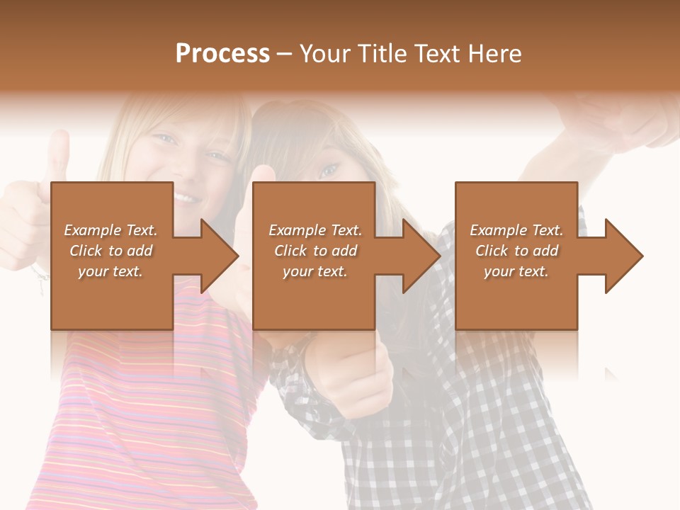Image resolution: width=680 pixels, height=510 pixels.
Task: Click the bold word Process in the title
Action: click(x=222, y=54)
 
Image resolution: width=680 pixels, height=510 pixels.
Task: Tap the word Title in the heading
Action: click(x=382, y=54)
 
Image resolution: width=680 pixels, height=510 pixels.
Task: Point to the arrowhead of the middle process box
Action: click(x=420, y=256)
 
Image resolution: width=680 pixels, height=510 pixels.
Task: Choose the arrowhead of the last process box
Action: click(x=623, y=256)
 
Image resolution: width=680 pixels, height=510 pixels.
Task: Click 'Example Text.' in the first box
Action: click(x=110, y=230)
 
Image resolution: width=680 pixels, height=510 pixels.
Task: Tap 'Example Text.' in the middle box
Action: click(x=315, y=230)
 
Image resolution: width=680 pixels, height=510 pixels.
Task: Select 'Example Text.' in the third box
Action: click(x=516, y=230)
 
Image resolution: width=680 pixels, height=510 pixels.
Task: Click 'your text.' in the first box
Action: click(x=110, y=271)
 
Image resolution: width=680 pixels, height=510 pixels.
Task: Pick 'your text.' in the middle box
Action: click(x=315, y=271)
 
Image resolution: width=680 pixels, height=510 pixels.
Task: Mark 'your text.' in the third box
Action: click(x=516, y=271)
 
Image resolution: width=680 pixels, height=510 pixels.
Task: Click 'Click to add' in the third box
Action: click(x=516, y=251)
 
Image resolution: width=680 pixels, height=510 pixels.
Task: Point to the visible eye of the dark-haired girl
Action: click(x=328, y=170)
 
